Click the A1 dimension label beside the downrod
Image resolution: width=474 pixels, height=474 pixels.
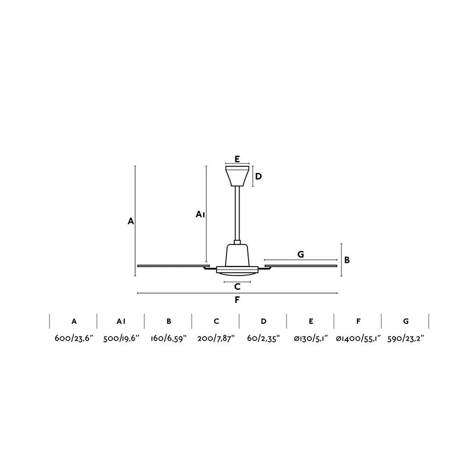(x=200, y=214)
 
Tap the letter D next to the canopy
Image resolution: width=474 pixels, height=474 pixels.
(x=259, y=176)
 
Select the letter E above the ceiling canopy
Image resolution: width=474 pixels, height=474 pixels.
(x=238, y=159)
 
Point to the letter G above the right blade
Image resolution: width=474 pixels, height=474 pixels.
(x=301, y=254)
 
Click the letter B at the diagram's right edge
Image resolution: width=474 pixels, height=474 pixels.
(x=347, y=260)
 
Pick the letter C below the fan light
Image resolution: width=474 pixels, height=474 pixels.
(x=238, y=287)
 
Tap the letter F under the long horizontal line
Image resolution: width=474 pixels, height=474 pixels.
(x=238, y=300)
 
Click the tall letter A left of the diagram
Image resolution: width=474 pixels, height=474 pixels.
(x=131, y=221)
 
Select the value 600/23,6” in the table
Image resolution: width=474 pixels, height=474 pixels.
(x=74, y=338)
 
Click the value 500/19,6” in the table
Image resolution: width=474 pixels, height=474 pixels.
(x=121, y=338)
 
